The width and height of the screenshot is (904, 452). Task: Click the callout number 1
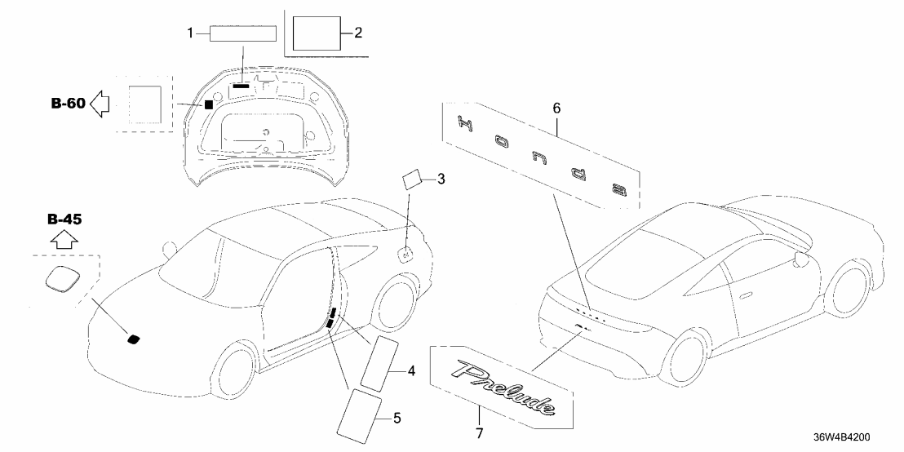[190, 33]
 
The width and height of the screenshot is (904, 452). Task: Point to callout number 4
[412, 371]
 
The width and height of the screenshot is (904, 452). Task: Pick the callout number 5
[397, 419]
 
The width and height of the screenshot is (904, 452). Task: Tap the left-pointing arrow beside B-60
[100, 104]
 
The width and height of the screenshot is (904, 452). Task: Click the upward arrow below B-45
[64, 239]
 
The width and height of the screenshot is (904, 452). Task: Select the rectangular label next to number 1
[243, 33]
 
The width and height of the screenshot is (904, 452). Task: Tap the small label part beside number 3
[413, 179]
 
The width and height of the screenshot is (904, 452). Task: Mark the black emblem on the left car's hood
[132, 338]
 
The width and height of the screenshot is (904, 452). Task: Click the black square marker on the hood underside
[209, 104]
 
